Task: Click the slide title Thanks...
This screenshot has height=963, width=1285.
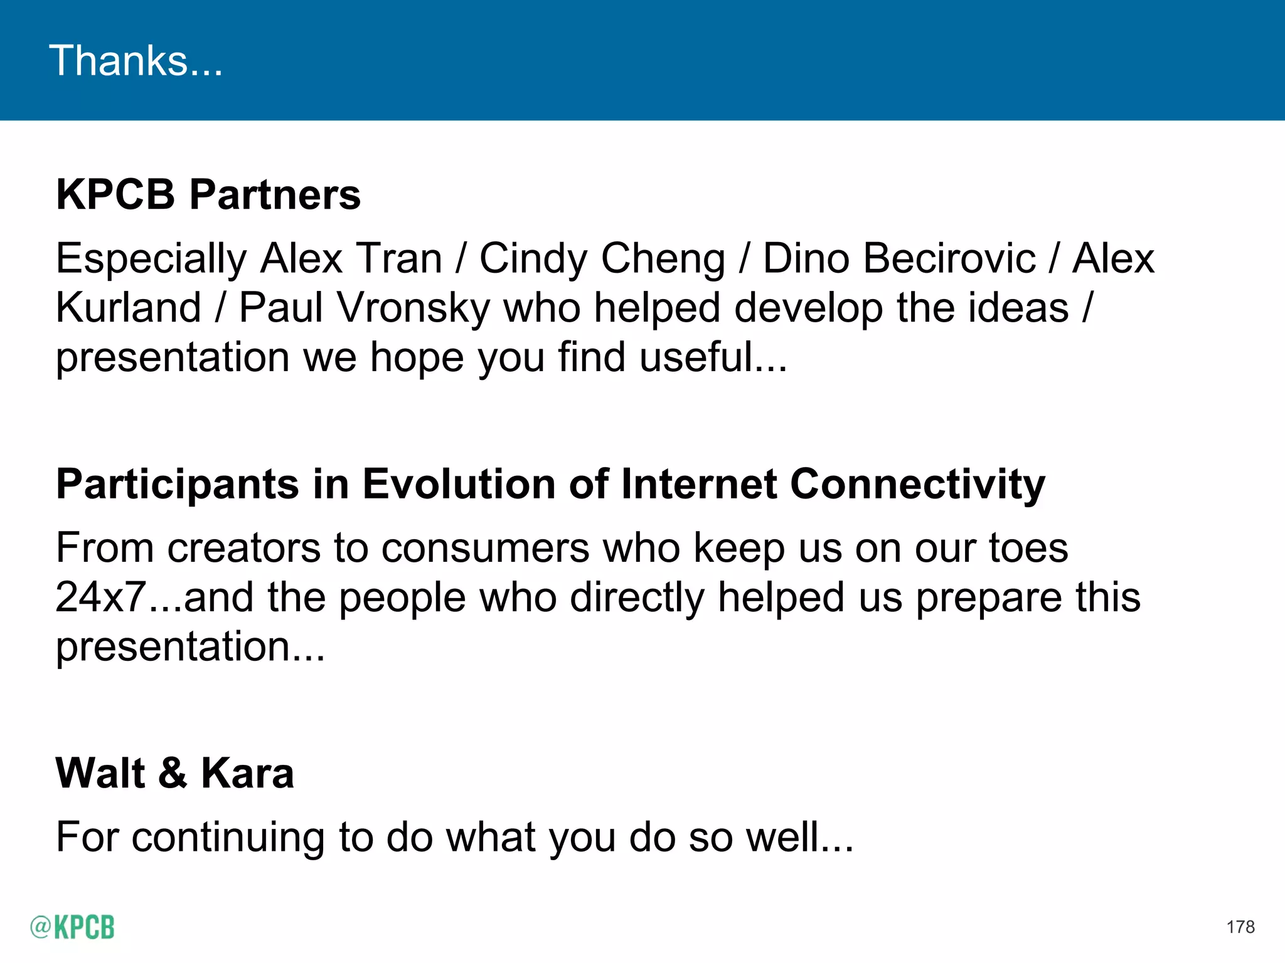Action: pos(136,61)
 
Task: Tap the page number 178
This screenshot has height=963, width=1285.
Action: pos(1240,927)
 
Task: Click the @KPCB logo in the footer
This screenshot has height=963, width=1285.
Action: pos(72,927)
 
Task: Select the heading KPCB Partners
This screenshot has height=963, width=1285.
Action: pos(208,194)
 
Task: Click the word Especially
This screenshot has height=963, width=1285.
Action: pos(151,258)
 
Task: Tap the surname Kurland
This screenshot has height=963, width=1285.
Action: pos(128,308)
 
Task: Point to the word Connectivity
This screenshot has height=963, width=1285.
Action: pos(917,484)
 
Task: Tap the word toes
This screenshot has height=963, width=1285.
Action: pos(1028,548)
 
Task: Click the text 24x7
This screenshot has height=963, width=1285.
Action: pos(101,597)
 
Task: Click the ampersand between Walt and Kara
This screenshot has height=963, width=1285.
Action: pos(173,773)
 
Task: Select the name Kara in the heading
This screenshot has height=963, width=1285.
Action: pos(247,773)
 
